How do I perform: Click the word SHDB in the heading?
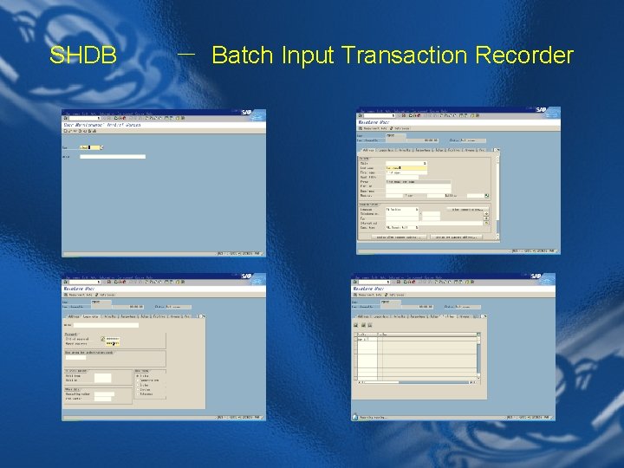point(83,56)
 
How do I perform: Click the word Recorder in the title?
point(524,56)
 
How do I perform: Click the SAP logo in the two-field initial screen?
point(248,114)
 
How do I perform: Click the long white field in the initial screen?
point(113,156)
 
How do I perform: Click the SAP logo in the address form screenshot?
point(543,111)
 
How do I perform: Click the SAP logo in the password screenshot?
point(248,278)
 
